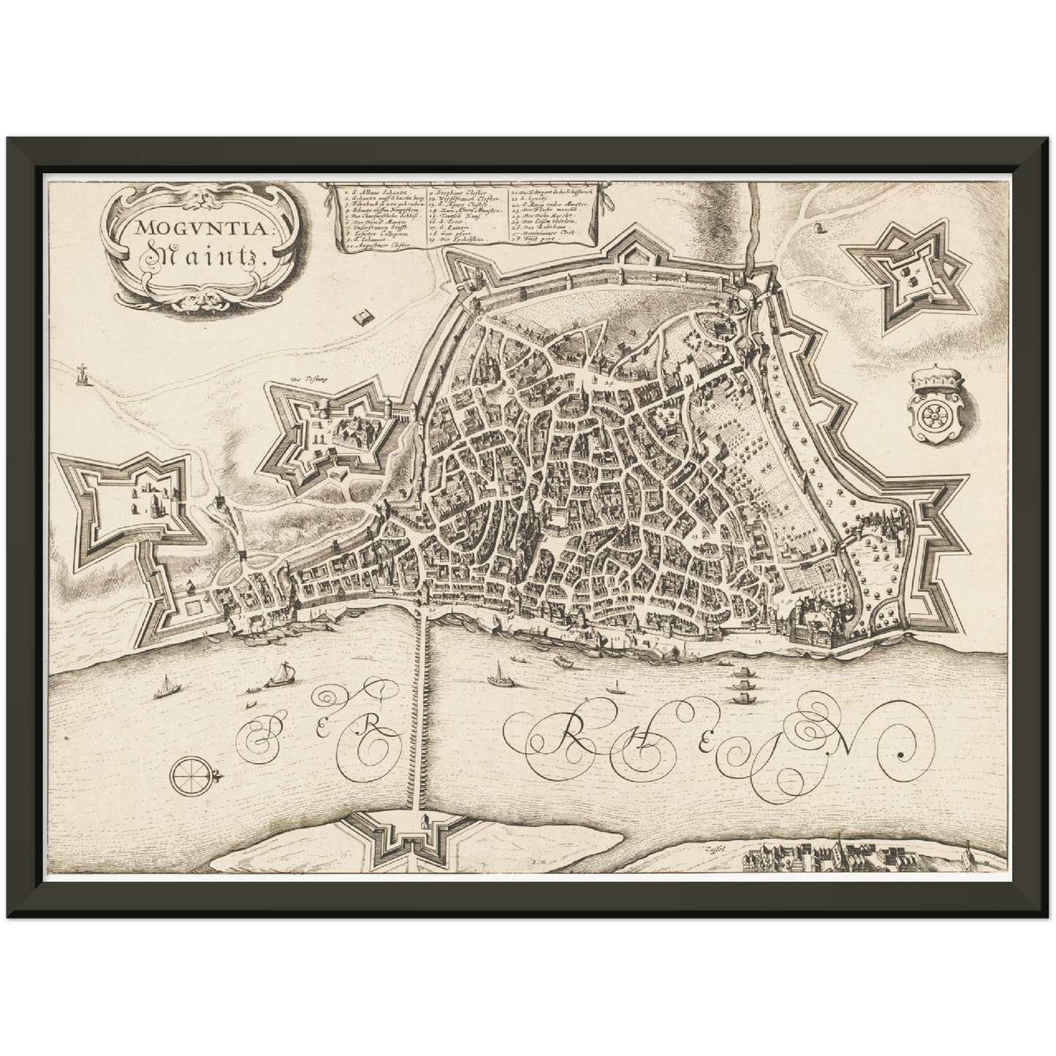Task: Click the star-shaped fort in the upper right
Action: point(911,278)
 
